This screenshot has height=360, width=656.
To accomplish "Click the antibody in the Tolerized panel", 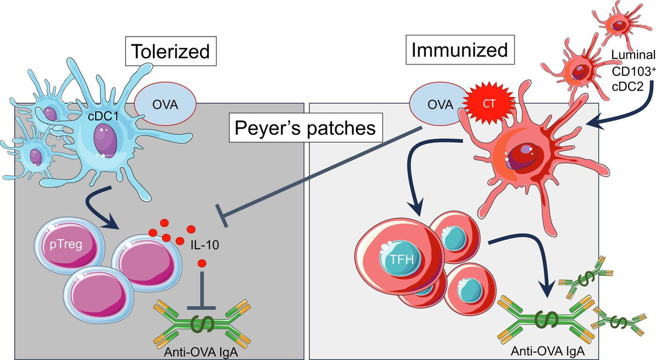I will tap(200, 322).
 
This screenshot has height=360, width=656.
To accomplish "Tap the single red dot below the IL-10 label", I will tap(202, 263).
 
